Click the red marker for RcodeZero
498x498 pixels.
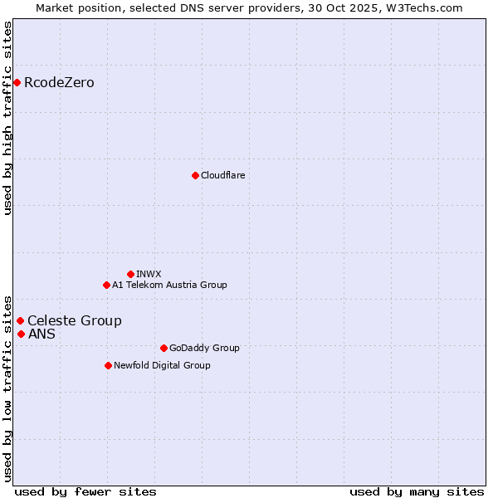(x=17, y=82)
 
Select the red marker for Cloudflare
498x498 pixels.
(x=195, y=175)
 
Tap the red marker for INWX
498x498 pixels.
(x=130, y=274)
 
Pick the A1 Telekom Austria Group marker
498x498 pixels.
(x=106, y=285)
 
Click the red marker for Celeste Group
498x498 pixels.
(x=20, y=320)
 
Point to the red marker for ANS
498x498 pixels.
(x=21, y=334)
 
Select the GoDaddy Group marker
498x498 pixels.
(x=164, y=348)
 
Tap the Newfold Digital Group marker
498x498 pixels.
(x=108, y=365)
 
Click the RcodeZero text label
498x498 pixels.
(x=59, y=82)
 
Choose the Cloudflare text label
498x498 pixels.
(x=222, y=175)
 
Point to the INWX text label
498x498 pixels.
(x=149, y=274)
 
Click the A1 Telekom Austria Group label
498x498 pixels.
(x=169, y=285)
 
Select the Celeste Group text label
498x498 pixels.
(x=74, y=320)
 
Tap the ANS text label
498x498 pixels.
(x=41, y=334)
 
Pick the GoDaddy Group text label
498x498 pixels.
(x=204, y=348)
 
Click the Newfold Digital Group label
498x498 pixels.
(x=162, y=365)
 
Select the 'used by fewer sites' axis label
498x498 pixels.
(x=85, y=491)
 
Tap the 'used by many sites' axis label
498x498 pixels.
(x=417, y=491)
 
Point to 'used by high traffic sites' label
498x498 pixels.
(x=7, y=118)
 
